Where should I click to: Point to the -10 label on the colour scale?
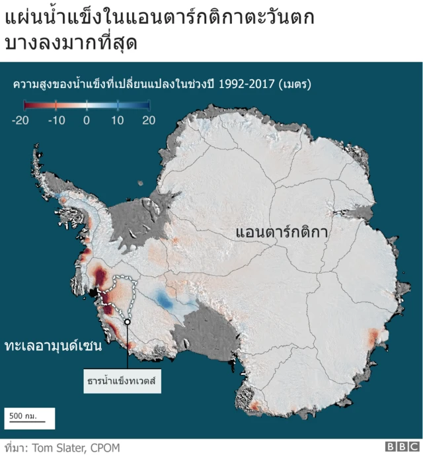56,120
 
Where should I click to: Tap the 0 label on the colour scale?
87,120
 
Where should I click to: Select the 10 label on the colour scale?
118,120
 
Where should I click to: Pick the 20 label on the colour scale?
149,120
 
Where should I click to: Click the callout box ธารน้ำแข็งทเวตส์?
125,382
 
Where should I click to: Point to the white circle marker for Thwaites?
127,322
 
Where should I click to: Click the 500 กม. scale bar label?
23,416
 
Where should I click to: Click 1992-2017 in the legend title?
243,85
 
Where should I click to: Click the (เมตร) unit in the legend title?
295,85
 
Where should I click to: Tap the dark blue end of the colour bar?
145,104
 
